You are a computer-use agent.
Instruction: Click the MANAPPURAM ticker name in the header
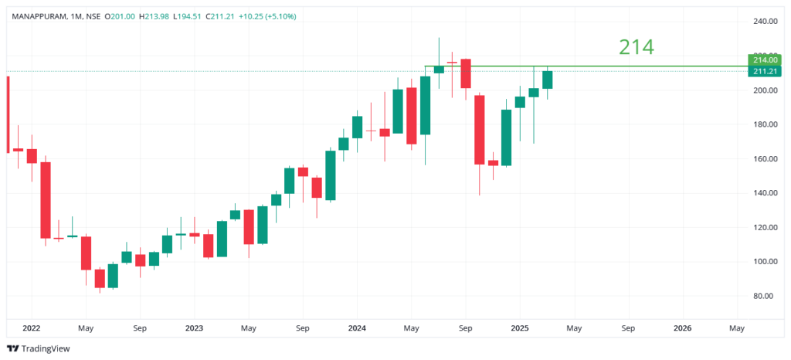click(x=39, y=16)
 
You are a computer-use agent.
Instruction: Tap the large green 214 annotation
click(x=636, y=47)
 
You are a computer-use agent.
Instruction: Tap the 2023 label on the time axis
click(x=194, y=328)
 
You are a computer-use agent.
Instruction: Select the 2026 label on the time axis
click(x=683, y=328)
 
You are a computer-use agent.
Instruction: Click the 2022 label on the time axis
click(x=32, y=328)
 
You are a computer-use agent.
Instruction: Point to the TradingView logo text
click(x=45, y=348)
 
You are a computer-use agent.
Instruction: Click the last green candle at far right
click(x=547, y=80)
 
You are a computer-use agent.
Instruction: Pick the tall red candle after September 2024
click(x=479, y=129)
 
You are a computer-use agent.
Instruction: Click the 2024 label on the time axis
click(x=356, y=328)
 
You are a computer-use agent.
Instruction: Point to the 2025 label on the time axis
click(x=520, y=328)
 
